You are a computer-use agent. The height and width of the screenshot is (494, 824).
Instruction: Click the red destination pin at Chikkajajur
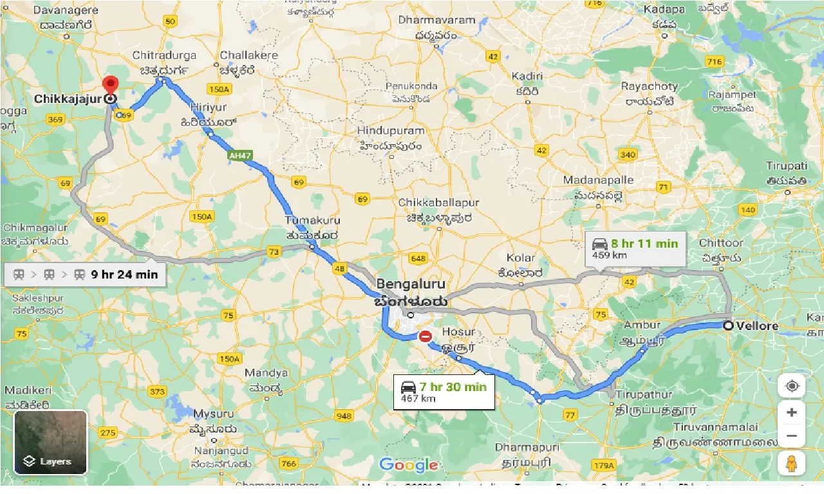tap(111, 86)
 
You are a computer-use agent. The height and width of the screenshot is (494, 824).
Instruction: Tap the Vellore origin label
tap(757, 325)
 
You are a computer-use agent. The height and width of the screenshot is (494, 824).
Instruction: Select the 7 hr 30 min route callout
tap(444, 392)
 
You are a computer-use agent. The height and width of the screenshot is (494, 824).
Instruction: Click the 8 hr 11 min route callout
tap(635, 249)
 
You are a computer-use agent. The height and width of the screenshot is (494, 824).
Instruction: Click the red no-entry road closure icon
tap(425, 336)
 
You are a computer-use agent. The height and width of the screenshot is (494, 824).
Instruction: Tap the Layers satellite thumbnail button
tap(50, 442)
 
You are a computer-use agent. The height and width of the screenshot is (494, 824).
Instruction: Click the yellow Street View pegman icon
tap(791, 463)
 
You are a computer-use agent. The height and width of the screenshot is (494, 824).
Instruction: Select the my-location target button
tap(791, 386)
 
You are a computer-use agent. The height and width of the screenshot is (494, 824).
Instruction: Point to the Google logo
tap(408, 464)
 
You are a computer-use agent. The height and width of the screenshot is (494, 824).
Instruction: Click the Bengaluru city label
tap(411, 284)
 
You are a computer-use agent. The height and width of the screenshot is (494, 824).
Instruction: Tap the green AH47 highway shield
tap(239, 156)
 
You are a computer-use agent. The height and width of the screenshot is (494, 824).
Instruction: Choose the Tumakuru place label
tap(312, 221)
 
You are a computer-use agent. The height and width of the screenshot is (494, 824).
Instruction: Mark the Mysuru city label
tap(214, 413)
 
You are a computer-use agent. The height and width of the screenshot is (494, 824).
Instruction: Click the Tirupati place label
tap(787, 166)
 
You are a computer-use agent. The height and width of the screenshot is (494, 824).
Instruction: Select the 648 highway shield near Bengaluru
tap(418, 259)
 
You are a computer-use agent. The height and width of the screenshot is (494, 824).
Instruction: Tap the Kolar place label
tap(520, 258)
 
